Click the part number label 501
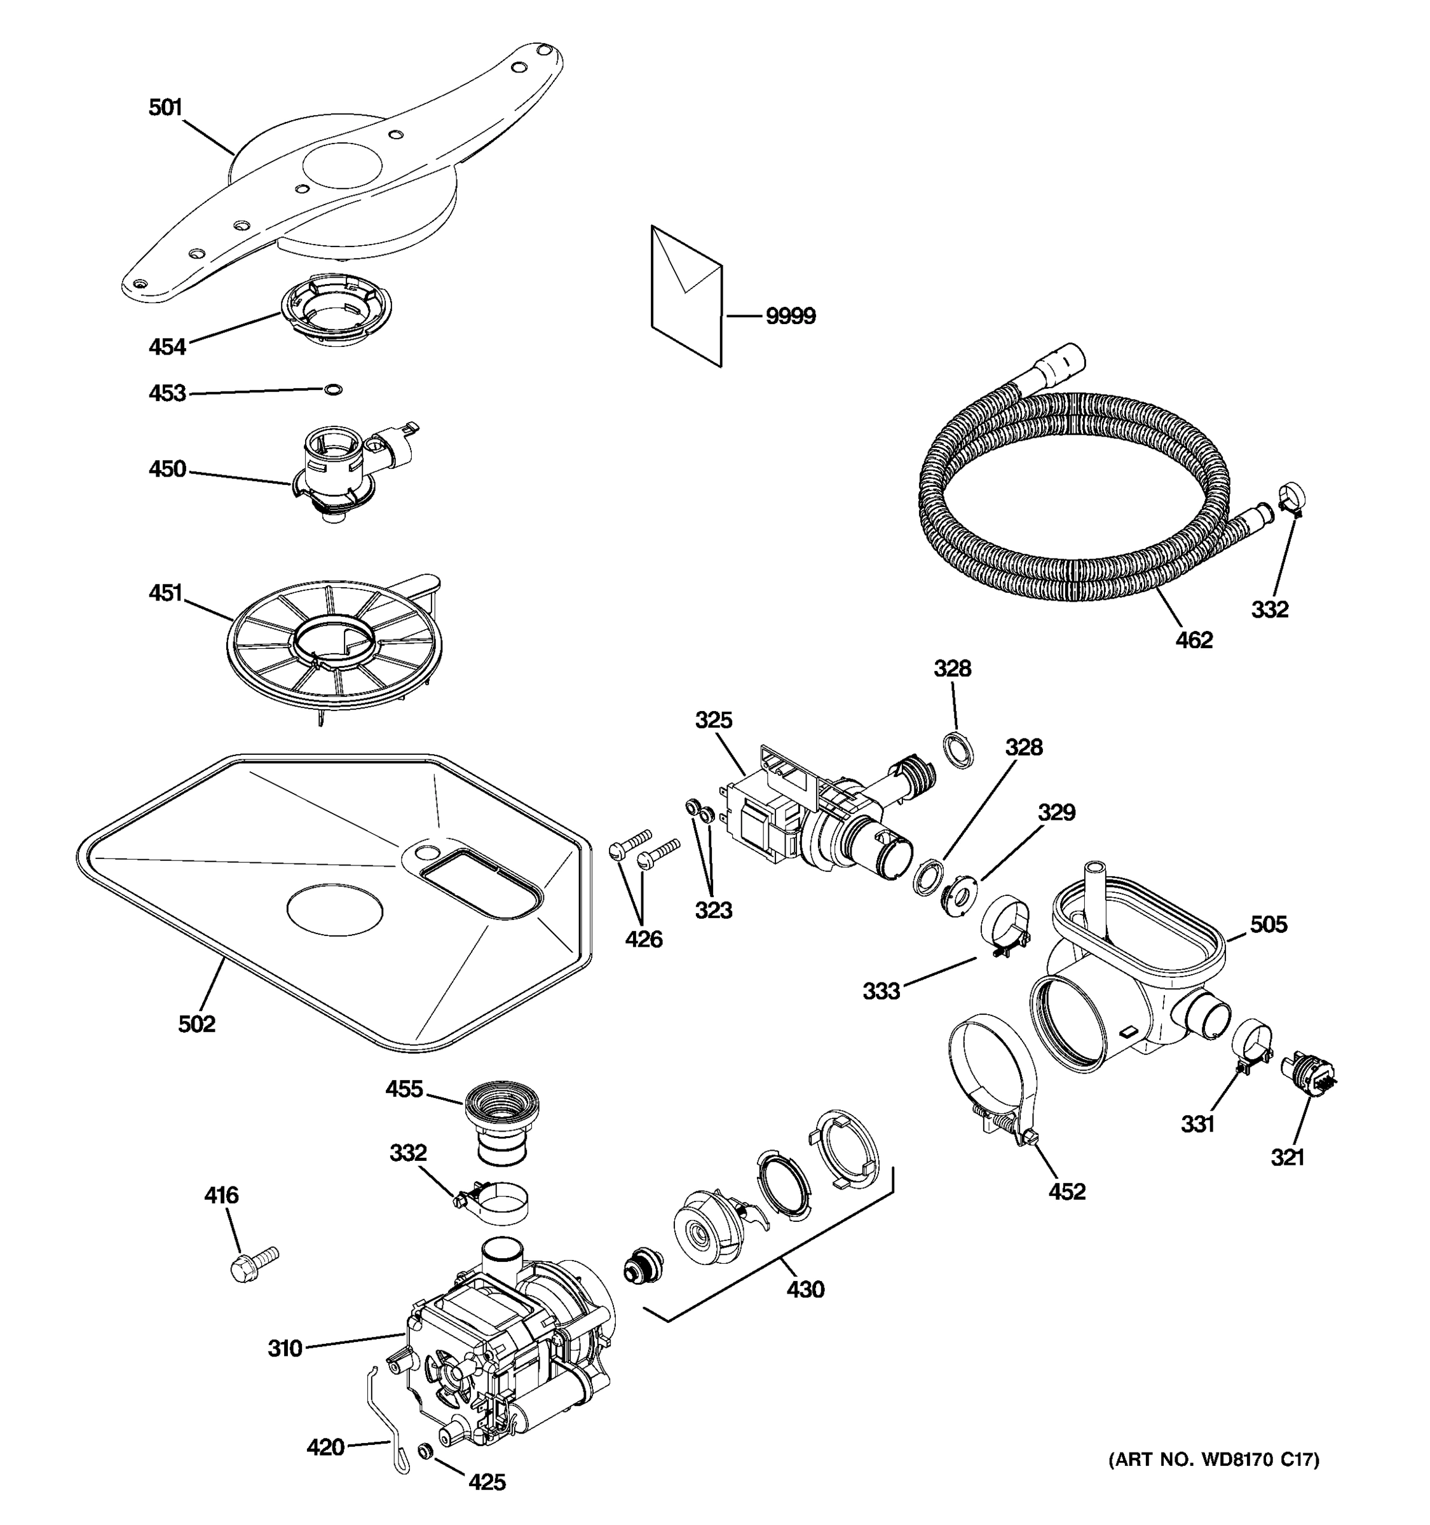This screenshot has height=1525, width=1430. (165, 107)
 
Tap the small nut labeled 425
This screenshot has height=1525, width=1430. (423, 1450)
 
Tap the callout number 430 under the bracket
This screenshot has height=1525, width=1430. (805, 1289)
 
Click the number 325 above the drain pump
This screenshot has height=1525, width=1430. (714, 721)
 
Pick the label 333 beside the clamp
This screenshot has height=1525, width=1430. (881, 991)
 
